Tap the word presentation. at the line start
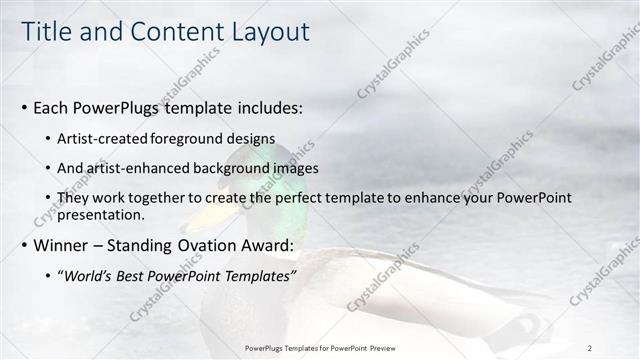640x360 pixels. coord(102,214)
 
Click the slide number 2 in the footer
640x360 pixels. coord(589,347)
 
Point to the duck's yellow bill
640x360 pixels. coord(198,215)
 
